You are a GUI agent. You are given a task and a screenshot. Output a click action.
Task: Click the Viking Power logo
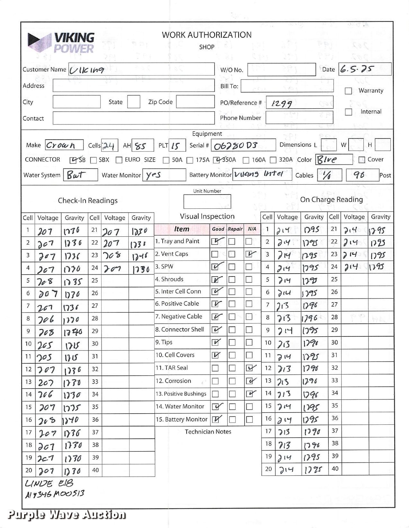tap(61, 42)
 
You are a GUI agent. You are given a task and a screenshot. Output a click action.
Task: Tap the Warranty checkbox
tap(348, 91)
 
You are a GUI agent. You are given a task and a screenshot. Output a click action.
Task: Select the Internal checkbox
tap(348, 112)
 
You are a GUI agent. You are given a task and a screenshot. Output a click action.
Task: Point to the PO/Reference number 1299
tap(282, 104)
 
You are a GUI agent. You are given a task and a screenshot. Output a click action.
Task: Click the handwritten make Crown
tap(61, 145)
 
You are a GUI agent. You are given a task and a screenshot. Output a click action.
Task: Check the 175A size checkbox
tap(190, 160)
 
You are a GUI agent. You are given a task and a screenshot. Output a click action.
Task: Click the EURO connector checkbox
tap(119, 160)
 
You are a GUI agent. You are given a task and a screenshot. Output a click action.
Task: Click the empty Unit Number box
tap(207, 202)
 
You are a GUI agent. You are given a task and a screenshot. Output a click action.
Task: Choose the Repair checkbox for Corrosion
tap(232, 381)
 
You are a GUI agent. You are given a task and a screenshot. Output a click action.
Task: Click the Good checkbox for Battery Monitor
tap(215, 420)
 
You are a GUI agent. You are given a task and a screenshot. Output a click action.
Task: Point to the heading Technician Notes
tap(208, 432)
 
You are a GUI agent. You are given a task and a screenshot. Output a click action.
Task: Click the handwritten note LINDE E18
tap(49, 483)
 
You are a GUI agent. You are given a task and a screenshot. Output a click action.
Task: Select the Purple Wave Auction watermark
tap(67, 514)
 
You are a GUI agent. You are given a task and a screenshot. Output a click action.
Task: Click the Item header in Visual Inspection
tap(182, 229)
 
